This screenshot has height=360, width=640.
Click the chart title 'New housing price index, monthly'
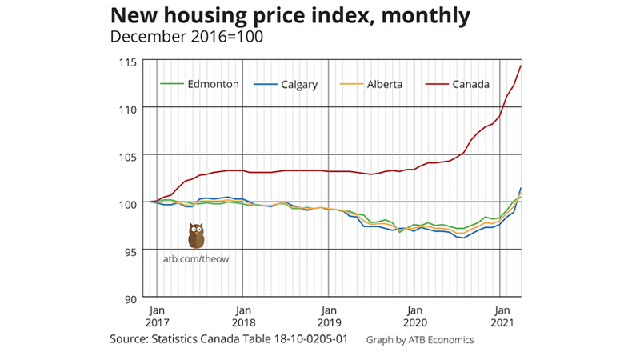point(290,16)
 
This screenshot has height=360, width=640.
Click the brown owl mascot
point(196,236)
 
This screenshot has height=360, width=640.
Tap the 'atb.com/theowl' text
point(203,258)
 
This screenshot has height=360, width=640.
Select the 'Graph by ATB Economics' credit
point(420,340)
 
